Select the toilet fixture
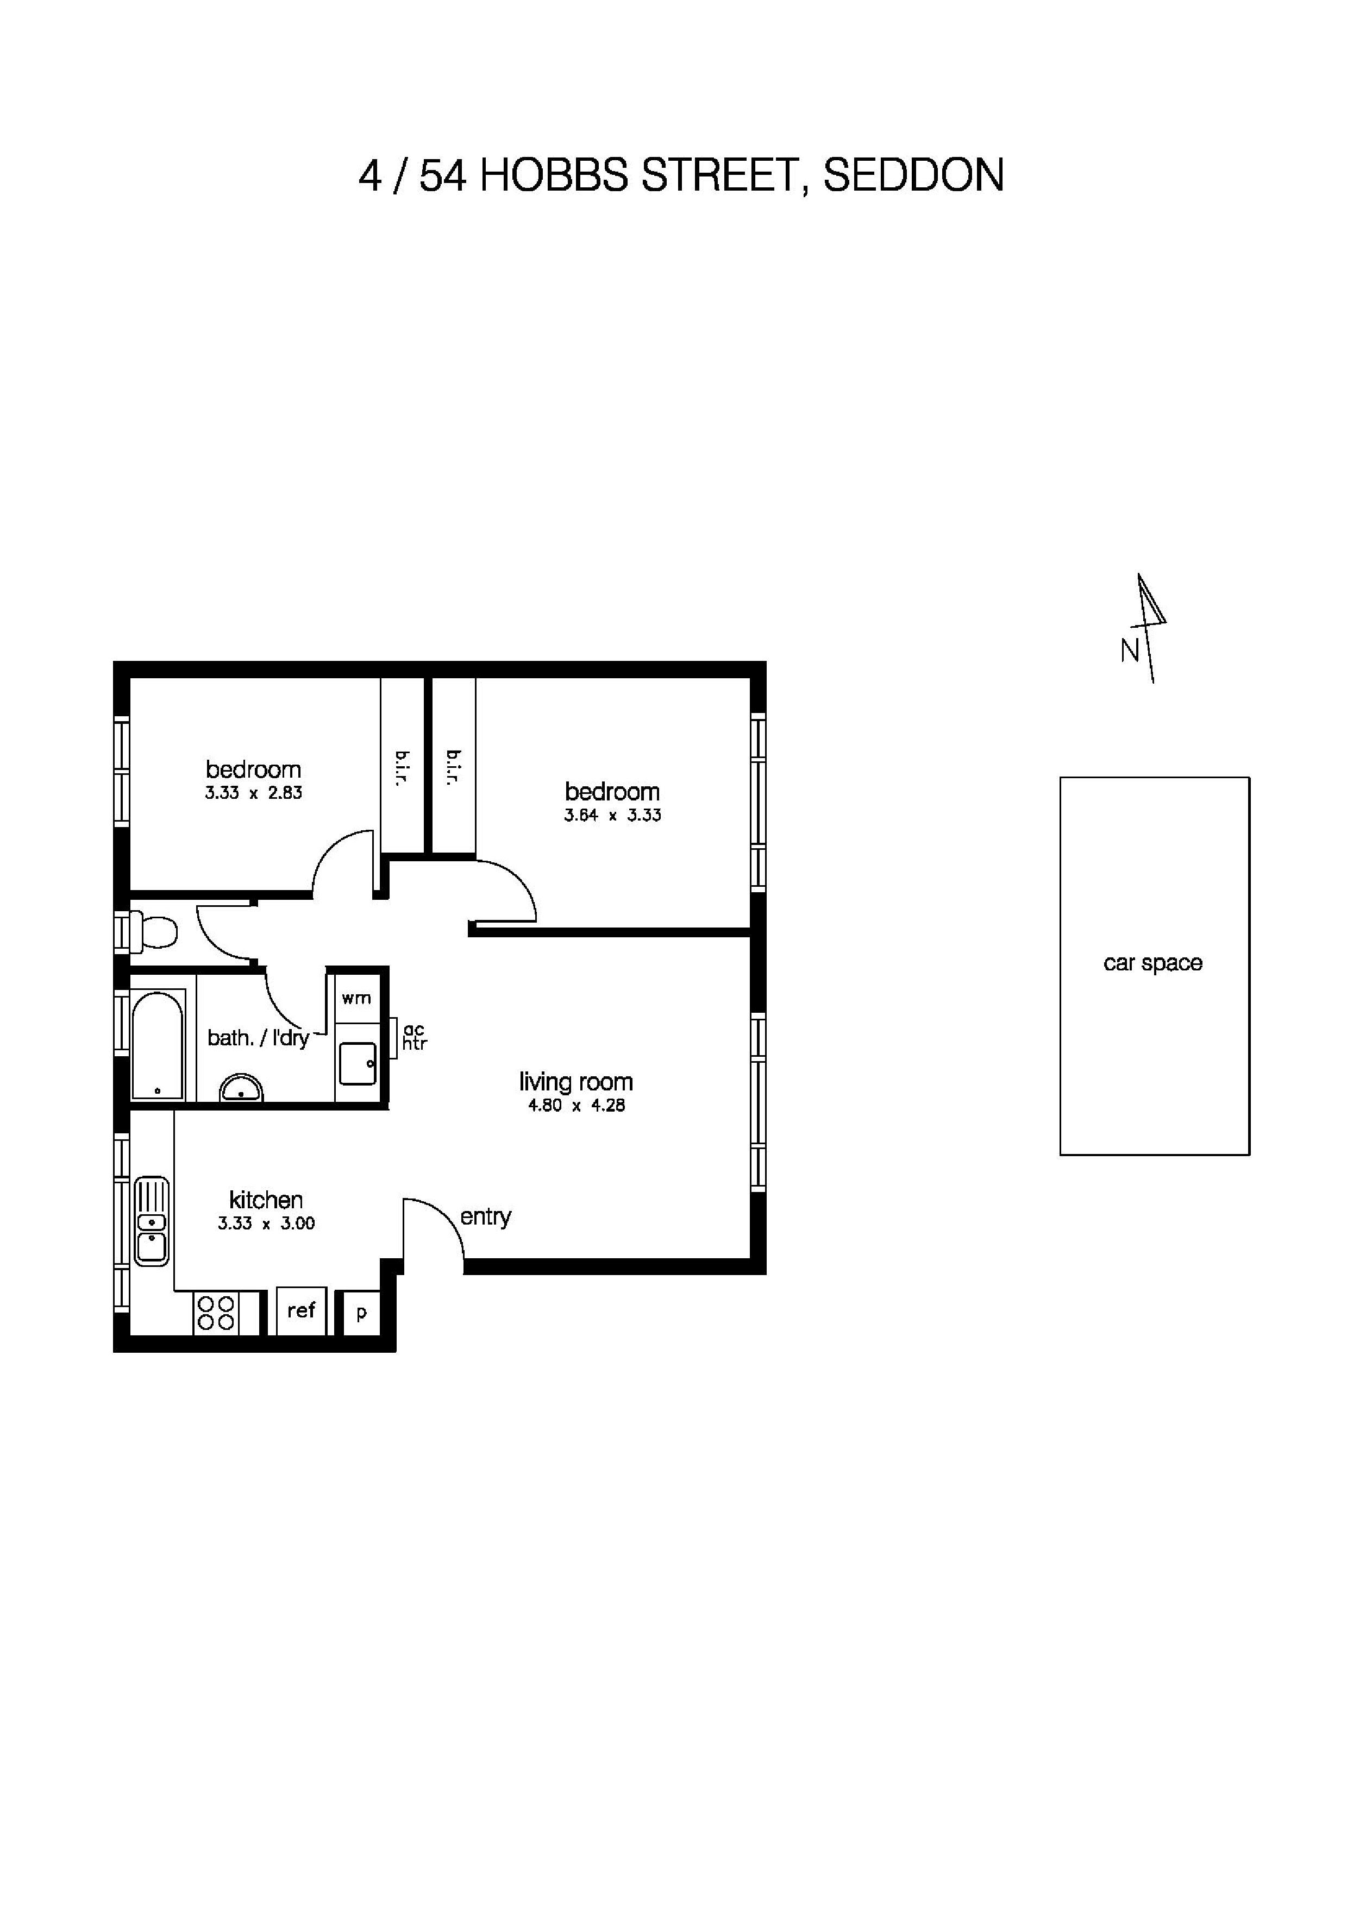154,930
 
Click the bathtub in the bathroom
157,1044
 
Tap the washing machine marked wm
357,998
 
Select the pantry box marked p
361,1313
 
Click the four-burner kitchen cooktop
216,1313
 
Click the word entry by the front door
486,1216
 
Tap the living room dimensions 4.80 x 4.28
576,1105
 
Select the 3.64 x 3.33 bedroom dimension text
612,815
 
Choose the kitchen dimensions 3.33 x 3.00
266,1223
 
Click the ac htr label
414,1037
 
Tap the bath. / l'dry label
258,1037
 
